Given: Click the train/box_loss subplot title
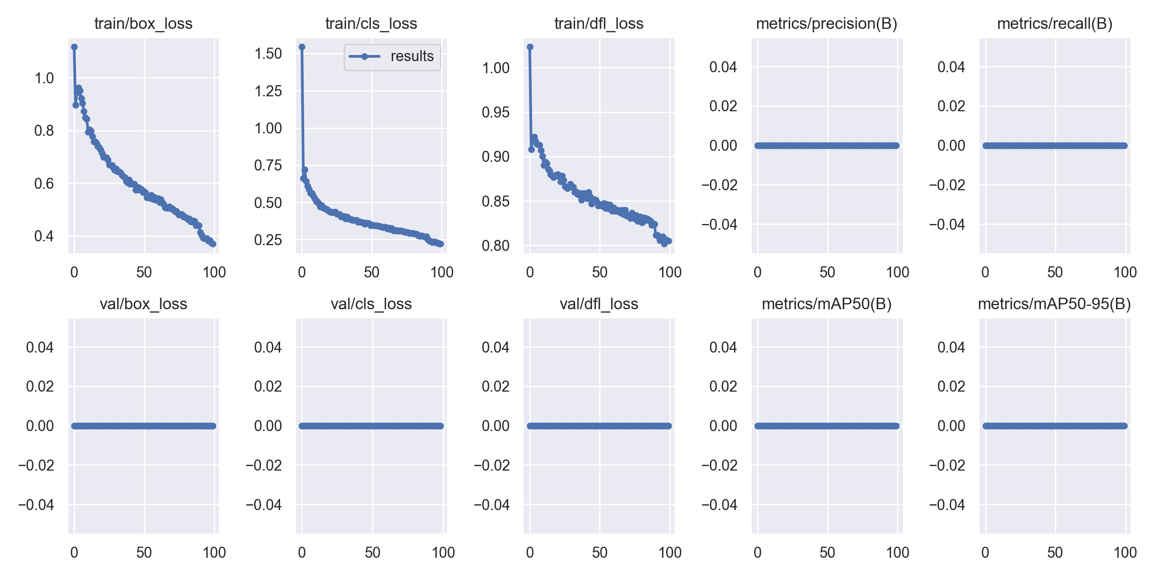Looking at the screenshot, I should coord(143,24).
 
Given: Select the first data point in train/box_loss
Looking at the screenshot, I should coord(74,47).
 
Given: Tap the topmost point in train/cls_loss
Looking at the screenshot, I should coord(302,47).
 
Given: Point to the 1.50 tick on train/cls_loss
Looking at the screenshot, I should coord(268,53).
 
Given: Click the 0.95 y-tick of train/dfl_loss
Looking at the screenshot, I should coord(495,112).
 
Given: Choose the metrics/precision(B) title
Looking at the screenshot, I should coord(826,24).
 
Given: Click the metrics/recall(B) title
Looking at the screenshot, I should coord(1054,24).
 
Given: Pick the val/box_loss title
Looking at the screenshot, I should coord(143,304).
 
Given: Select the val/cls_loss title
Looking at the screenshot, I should coord(371,304).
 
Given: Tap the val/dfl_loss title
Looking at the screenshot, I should coord(599,304).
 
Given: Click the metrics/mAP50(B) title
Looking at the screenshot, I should coord(826,304).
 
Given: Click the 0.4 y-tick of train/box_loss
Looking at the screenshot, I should coord(44,236).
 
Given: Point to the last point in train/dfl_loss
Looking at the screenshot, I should coord(669,241).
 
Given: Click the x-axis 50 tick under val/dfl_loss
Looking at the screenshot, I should coord(600,552).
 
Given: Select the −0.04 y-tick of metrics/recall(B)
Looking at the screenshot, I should coord(947,224).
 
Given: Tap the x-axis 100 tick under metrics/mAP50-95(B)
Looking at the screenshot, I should coord(1125,552).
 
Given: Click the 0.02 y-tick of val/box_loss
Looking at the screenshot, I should coord(40,386).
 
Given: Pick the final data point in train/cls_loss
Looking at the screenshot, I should coord(441,244).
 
